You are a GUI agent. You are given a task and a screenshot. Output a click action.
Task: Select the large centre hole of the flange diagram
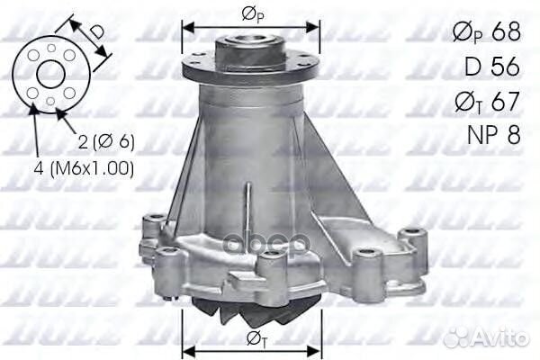point(50,74)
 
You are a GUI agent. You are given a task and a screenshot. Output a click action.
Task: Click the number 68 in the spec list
point(507,32)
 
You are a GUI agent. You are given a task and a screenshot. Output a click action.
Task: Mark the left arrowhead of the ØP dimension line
point(186,26)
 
